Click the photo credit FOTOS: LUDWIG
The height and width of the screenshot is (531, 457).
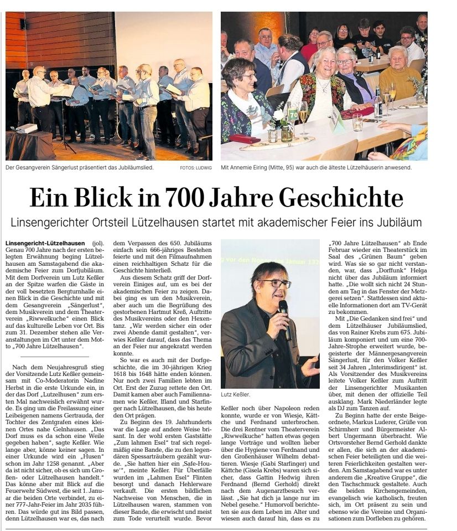click(196, 167)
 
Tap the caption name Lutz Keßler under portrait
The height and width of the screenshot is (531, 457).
click(236, 395)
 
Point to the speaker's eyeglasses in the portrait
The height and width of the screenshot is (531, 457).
click(276, 283)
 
